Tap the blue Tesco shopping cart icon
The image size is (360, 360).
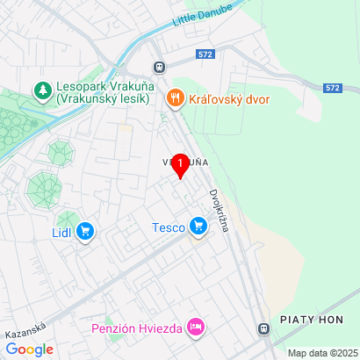[x=198, y=227]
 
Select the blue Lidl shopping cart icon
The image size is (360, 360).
[x=85, y=232]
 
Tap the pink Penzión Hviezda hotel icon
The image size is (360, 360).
[x=195, y=328]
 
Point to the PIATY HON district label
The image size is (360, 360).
[x=312, y=320]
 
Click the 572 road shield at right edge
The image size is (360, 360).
[x=331, y=88]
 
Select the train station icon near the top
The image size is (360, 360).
[x=159, y=67]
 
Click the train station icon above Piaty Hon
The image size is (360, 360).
[x=263, y=328]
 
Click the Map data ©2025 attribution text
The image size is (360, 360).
[x=322, y=353]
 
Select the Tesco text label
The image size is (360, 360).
[x=167, y=227]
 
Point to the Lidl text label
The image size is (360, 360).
[x=61, y=232]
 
